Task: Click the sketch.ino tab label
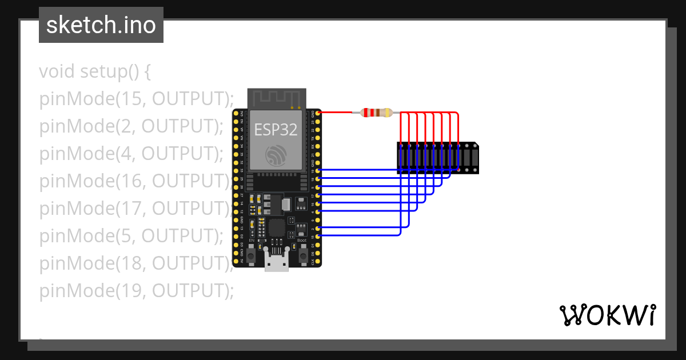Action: point(101,25)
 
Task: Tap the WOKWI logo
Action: point(607,315)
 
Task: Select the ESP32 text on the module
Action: point(276,129)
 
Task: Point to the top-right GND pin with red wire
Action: point(317,113)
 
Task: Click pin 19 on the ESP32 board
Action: point(317,170)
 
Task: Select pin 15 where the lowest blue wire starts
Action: point(317,235)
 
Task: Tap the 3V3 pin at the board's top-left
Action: point(237,113)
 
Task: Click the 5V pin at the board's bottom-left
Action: point(237,261)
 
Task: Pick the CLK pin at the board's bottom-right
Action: point(317,261)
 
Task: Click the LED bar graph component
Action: point(437,158)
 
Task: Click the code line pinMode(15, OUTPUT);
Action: point(137,99)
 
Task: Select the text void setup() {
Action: point(95,72)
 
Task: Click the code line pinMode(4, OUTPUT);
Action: point(131,154)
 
